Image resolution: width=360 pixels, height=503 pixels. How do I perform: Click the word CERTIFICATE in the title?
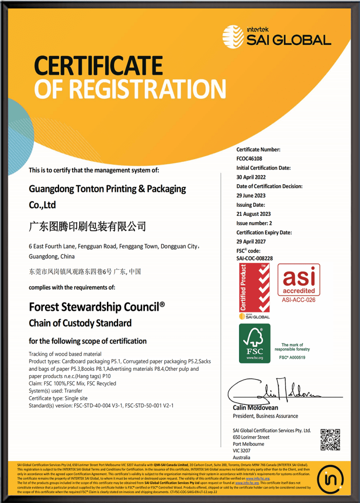(x=98, y=66)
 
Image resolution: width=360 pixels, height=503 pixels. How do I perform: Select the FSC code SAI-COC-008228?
(x=255, y=258)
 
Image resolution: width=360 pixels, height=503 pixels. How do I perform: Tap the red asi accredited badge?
(x=299, y=279)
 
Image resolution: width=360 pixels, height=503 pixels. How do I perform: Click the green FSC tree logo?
(x=255, y=343)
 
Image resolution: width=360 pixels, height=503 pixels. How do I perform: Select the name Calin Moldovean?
(x=255, y=407)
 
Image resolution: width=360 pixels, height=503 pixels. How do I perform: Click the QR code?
(x=330, y=439)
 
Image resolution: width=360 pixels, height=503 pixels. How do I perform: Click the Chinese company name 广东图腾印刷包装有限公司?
(x=88, y=227)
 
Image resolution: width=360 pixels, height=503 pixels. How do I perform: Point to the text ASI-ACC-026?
(x=299, y=300)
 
